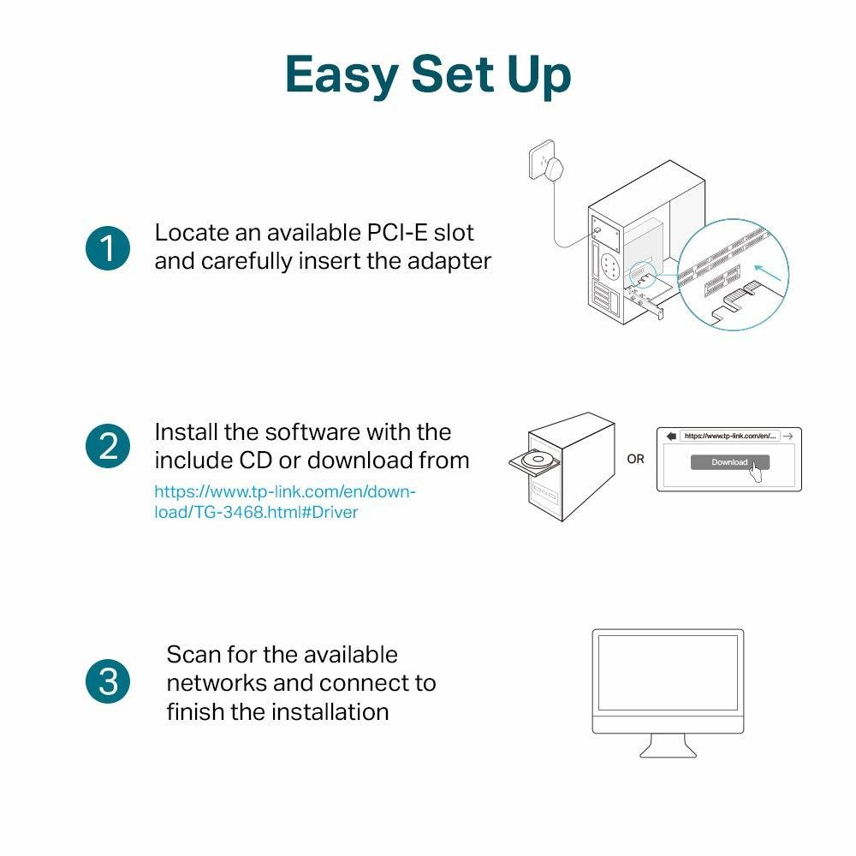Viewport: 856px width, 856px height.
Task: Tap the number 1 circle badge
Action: point(108,248)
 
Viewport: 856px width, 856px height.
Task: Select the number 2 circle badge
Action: point(108,447)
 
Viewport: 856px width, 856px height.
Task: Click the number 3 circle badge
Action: point(108,682)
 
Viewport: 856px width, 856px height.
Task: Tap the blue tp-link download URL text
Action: point(284,502)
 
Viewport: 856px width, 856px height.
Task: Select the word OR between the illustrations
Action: point(635,460)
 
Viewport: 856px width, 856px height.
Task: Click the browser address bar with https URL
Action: point(729,436)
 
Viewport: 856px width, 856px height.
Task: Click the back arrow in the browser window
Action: point(670,436)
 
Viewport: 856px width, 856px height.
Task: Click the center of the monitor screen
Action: point(668,681)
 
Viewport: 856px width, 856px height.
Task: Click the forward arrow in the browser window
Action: point(789,436)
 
